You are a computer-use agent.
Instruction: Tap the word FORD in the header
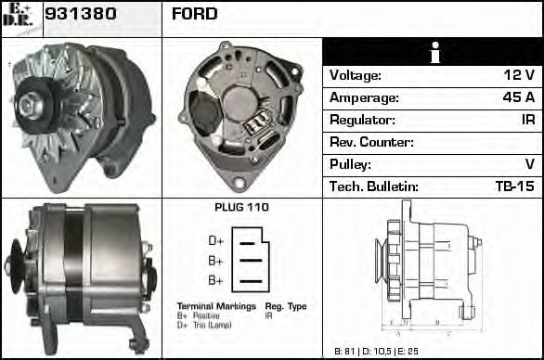194,15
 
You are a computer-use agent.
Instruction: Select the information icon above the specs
433,52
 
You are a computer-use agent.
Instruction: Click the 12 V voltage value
519,75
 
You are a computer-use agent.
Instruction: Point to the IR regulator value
526,120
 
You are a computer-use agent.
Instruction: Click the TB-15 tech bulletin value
514,186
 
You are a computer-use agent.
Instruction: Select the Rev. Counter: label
371,142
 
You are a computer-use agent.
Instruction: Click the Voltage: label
356,75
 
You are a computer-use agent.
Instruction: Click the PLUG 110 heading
240,208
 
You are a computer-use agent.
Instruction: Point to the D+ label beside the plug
215,241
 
